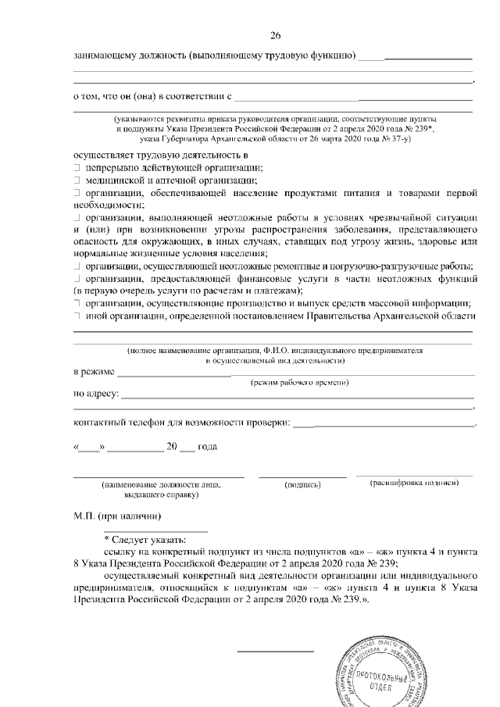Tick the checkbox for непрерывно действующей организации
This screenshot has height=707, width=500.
click(77, 169)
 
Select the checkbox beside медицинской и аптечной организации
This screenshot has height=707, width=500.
click(77, 180)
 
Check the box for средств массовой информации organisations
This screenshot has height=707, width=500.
click(77, 303)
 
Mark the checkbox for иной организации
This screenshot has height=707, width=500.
click(77, 315)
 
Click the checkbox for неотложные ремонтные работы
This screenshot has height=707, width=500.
click(77, 266)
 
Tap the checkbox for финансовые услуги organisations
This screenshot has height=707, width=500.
click(77, 278)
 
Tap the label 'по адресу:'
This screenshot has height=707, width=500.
click(95, 394)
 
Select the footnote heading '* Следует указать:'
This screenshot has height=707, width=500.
click(145, 539)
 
